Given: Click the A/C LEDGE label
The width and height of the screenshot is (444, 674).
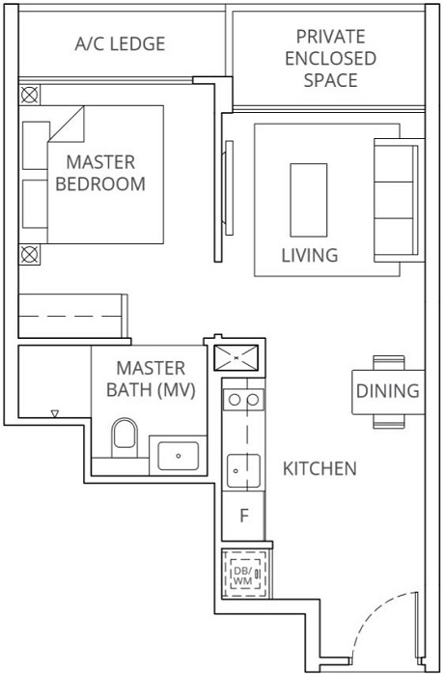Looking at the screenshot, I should tap(120, 43).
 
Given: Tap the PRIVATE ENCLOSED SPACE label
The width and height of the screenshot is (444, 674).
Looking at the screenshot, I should tap(331, 58).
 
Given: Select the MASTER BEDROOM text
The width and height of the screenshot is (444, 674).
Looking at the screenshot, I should tap(100, 173).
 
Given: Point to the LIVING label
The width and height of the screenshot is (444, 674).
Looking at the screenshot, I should tap(309, 256).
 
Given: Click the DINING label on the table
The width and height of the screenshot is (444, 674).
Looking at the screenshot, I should tap(388, 391).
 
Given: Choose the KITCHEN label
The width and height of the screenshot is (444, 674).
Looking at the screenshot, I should tap(319, 469).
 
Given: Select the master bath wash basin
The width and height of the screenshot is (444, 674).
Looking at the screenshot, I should tap(178, 452).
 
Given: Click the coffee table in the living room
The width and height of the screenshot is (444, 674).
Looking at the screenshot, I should tap(309, 198).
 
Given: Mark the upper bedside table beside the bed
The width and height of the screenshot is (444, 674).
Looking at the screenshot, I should tap(30, 96).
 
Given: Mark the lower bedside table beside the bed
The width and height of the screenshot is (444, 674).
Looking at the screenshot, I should tap(30, 254).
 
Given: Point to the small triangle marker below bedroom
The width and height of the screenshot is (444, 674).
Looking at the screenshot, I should tap(55, 414).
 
